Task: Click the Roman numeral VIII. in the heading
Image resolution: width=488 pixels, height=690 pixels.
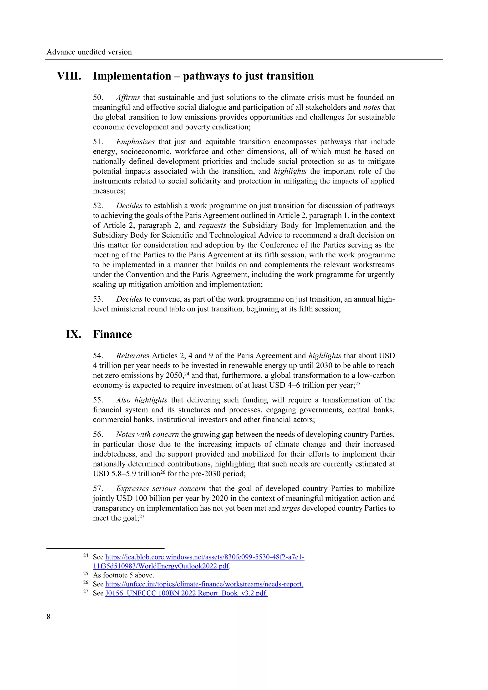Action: point(69,76)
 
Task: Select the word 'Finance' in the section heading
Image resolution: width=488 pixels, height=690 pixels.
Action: point(112,334)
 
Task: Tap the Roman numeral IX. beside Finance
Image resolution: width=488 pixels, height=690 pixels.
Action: point(73,334)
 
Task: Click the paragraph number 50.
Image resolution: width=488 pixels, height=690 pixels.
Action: point(98,97)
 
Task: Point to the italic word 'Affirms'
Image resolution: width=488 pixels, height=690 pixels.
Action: point(128,97)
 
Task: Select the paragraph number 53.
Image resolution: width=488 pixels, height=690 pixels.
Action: point(98,299)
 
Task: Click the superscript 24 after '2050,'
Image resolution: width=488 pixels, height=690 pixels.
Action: point(187,374)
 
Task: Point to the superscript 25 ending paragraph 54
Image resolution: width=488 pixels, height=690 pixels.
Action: point(358,383)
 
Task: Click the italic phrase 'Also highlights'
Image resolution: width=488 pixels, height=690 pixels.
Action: point(142,400)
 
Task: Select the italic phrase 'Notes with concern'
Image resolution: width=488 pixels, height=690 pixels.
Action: point(147,434)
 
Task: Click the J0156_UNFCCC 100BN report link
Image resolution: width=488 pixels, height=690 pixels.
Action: point(186,593)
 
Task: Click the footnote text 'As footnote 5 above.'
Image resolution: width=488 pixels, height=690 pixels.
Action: point(123,575)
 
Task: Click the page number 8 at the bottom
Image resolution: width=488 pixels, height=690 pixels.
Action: point(48,616)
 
